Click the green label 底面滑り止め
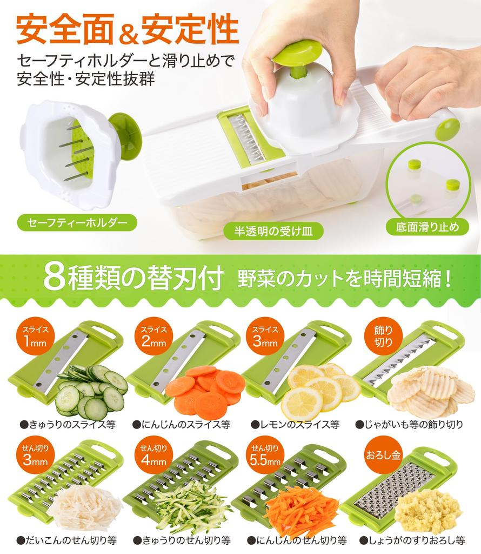431,226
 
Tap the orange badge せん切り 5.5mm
264,456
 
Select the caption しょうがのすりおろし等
412,540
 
